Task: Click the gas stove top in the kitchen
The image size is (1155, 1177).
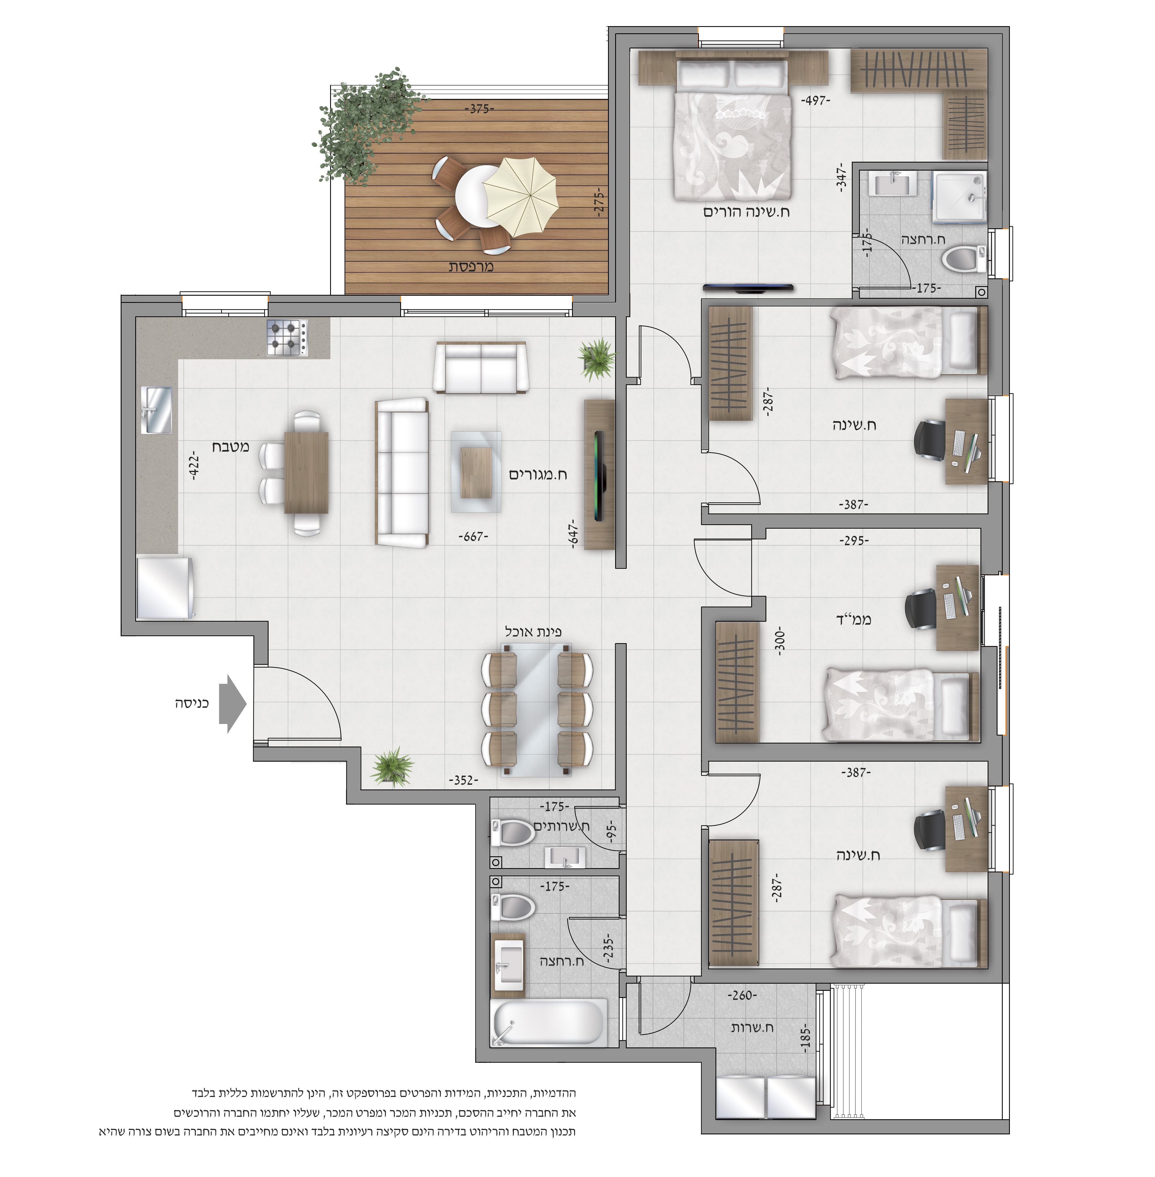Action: pos(287,338)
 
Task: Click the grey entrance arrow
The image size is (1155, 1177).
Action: pos(232,704)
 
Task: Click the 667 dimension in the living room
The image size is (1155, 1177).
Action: pos(473,537)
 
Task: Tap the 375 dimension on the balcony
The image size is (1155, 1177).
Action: pos(479,109)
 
